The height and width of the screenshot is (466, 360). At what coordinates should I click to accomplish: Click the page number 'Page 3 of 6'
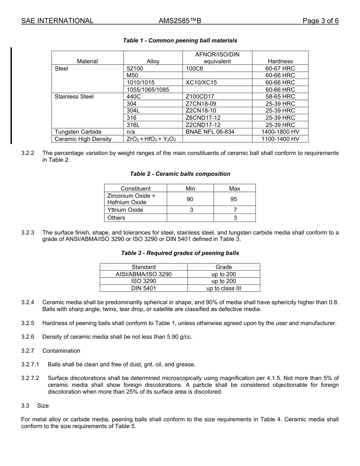320,21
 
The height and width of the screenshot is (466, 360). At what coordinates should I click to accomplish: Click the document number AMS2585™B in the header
180,21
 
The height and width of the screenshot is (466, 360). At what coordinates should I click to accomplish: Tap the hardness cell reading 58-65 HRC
280,97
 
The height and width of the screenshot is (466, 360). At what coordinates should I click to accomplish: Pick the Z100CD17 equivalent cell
200,97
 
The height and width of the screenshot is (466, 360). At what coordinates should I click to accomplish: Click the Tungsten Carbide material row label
78,132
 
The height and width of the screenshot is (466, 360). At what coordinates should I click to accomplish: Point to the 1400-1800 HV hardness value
280,132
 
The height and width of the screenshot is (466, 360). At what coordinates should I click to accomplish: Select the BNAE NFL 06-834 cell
210,132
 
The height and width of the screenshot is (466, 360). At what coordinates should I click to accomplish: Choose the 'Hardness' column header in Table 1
280,61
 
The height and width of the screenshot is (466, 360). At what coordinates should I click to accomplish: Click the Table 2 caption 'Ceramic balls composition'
180,174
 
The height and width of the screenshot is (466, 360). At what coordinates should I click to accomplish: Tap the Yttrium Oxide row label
125,210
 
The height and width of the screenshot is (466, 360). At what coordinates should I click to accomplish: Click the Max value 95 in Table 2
234,199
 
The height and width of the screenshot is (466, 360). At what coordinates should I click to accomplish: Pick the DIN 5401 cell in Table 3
144,288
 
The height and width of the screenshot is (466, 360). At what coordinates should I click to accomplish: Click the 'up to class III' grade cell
224,288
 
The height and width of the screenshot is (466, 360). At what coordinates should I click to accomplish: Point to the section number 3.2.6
28,337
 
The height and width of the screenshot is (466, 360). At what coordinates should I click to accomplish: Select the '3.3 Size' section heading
35,406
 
